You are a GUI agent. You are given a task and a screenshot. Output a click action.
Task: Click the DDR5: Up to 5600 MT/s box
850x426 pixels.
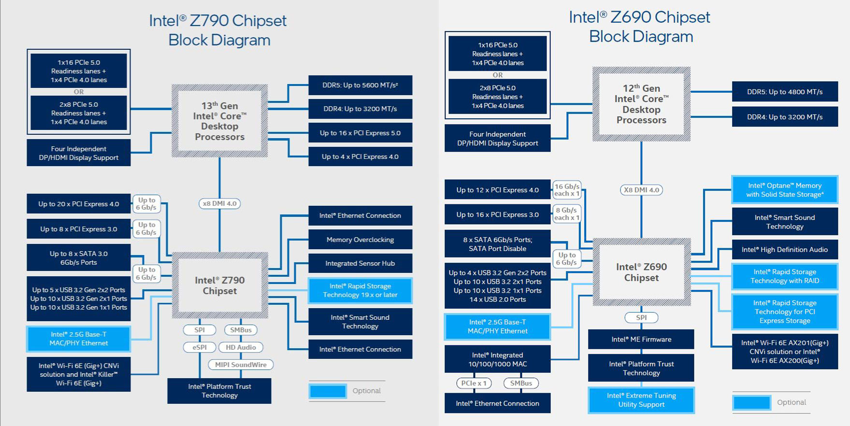pos(360,85)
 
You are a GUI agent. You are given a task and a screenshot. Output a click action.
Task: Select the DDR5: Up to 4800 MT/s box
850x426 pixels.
pos(785,91)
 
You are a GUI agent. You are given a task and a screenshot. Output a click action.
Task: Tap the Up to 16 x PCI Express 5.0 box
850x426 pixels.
pos(360,133)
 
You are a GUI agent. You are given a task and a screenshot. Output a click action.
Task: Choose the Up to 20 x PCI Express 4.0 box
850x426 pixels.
pos(79,204)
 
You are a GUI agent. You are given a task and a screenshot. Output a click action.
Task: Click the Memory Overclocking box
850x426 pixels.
pos(360,240)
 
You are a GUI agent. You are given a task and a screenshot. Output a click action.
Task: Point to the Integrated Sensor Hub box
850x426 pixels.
pos(360,263)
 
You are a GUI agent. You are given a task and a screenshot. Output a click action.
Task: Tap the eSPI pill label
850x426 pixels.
pos(200,347)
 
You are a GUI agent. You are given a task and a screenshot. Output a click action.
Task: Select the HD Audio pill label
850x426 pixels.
pos(241,347)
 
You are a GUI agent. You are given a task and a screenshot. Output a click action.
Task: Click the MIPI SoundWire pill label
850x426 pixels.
pos(241,365)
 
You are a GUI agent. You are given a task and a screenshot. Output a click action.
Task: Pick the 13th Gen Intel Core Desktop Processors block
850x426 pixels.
pos(220,121)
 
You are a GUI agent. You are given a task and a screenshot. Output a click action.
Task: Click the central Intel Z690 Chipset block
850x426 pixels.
pos(641,272)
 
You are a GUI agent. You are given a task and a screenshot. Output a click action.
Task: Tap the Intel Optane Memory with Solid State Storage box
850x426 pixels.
pos(785,190)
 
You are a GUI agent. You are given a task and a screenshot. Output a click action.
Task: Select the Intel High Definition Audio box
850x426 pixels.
pos(785,250)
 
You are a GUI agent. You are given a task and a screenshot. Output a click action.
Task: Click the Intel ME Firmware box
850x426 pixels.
pos(641,339)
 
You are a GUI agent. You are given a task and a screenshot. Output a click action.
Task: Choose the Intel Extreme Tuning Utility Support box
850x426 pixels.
pos(641,400)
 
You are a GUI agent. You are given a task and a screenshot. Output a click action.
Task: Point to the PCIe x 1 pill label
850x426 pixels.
pos(474,383)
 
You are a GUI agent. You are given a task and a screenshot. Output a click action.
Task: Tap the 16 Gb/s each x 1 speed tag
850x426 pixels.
pos(567,190)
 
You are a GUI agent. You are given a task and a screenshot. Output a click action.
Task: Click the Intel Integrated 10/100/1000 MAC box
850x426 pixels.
pos(497,359)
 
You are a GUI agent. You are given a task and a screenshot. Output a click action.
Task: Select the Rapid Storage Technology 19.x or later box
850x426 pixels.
pos(360,290)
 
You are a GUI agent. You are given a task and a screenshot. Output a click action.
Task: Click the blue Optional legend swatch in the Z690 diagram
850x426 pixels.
pos(751,402)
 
